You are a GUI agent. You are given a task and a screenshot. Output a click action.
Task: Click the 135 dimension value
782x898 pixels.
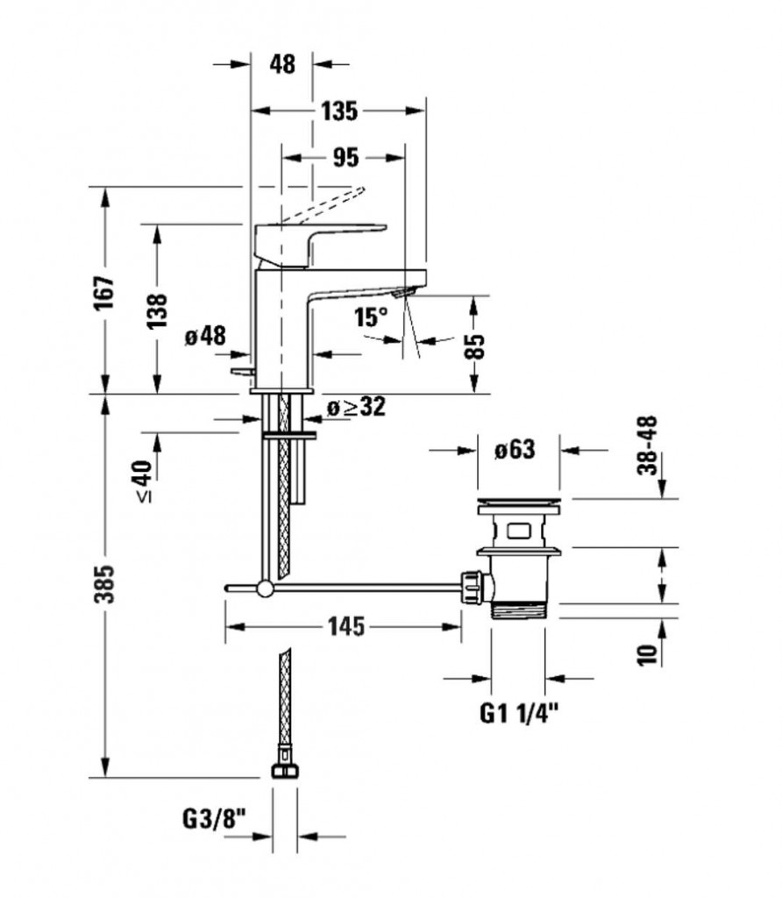pos(339,110)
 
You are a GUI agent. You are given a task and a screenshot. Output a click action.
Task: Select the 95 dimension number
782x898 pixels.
pos(345,158)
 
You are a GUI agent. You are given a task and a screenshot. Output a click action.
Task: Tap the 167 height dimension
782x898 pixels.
pos(104,293)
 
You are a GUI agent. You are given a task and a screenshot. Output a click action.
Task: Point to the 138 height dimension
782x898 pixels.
pos(157,311)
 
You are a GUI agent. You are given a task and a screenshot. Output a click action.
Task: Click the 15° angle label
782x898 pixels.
pos(370,317)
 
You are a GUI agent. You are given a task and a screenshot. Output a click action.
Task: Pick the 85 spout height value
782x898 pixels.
pos(474,346)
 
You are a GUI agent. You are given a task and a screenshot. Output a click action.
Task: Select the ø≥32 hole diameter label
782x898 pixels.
pos(357,407)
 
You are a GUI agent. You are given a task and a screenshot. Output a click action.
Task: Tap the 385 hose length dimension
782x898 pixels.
pos(104,584)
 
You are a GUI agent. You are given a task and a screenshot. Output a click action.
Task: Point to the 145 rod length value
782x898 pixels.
pos(345,626)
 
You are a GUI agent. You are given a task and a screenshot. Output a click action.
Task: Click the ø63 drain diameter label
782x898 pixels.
pos(515,450)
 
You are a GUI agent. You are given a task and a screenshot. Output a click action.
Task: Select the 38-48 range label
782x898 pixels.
pos(648,445)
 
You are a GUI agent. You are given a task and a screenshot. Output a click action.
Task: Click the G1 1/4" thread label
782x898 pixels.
pos(519,714)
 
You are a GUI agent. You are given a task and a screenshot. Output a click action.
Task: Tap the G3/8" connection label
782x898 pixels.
pos(214,819)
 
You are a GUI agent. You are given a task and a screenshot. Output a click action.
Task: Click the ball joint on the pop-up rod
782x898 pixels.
pos(265,588)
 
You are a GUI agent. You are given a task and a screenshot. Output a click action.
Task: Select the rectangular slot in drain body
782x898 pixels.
pos(519,531)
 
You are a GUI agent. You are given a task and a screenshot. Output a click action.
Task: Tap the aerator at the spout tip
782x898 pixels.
pos(402,293)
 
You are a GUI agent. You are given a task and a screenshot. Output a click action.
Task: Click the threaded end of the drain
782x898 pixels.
pos(519,609)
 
